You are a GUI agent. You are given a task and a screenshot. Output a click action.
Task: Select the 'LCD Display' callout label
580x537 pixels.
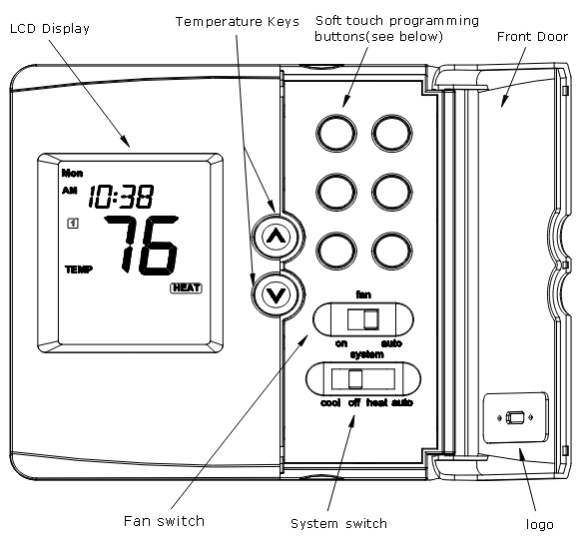coord(50,28)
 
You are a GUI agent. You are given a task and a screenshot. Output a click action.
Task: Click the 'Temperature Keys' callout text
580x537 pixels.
coord(237,21)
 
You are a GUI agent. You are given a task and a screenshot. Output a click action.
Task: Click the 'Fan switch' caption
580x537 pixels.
coord(165,520)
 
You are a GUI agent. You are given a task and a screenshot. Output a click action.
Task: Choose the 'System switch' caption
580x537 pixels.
coord(337,523)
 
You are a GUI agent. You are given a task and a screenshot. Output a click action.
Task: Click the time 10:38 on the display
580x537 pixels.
coord(120,197)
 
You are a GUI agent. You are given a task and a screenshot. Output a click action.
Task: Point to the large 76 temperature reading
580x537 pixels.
coord(146,245)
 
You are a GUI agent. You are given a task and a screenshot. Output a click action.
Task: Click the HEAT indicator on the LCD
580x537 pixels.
coord(186,288)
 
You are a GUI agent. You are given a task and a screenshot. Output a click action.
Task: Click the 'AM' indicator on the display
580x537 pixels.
coord(69,191)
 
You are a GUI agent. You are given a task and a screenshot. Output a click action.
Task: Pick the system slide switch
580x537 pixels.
coord(355,379)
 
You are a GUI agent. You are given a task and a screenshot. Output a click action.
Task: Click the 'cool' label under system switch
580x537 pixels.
coord(331,403)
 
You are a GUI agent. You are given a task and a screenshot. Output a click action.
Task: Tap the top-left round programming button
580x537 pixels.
coord(334,130)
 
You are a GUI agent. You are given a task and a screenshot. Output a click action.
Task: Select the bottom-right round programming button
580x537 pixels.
coord(389,245)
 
